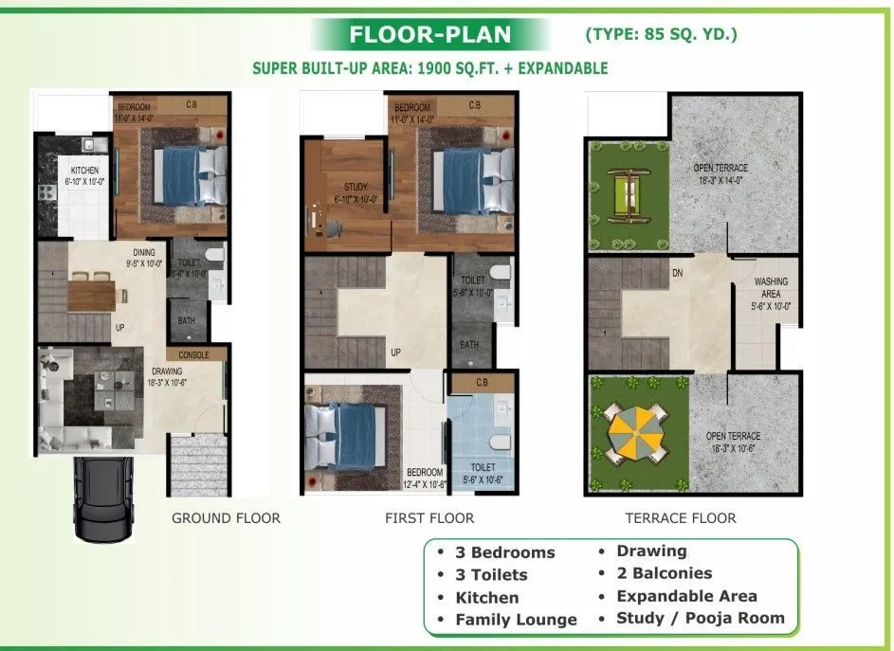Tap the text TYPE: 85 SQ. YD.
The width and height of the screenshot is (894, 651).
(x=661, y=35)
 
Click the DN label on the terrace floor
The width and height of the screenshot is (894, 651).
(x=677, y=273)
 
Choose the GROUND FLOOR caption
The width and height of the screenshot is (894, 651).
(x=226, y=518)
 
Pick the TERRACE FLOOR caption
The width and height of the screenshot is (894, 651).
(x=680, y=518)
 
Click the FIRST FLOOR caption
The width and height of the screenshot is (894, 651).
(x=429, y=518)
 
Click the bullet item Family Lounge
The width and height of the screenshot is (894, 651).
(x=516, y=620)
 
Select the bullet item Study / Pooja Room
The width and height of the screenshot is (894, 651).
(x=700, y=618)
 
